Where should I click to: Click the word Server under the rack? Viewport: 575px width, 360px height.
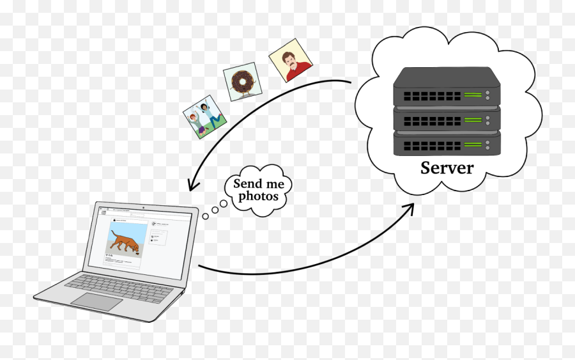447,168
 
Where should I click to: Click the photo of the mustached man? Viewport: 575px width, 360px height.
290,61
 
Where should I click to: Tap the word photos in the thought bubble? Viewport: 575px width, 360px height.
258,196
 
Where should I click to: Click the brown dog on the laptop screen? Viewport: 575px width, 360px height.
125,244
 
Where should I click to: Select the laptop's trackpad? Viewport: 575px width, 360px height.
96,301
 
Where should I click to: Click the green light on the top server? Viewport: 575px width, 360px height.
473,96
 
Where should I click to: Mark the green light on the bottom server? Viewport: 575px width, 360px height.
473,144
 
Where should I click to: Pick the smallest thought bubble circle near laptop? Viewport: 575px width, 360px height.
205,216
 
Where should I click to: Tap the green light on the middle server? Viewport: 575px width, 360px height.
473,120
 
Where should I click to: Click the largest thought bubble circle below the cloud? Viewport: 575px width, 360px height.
224,203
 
